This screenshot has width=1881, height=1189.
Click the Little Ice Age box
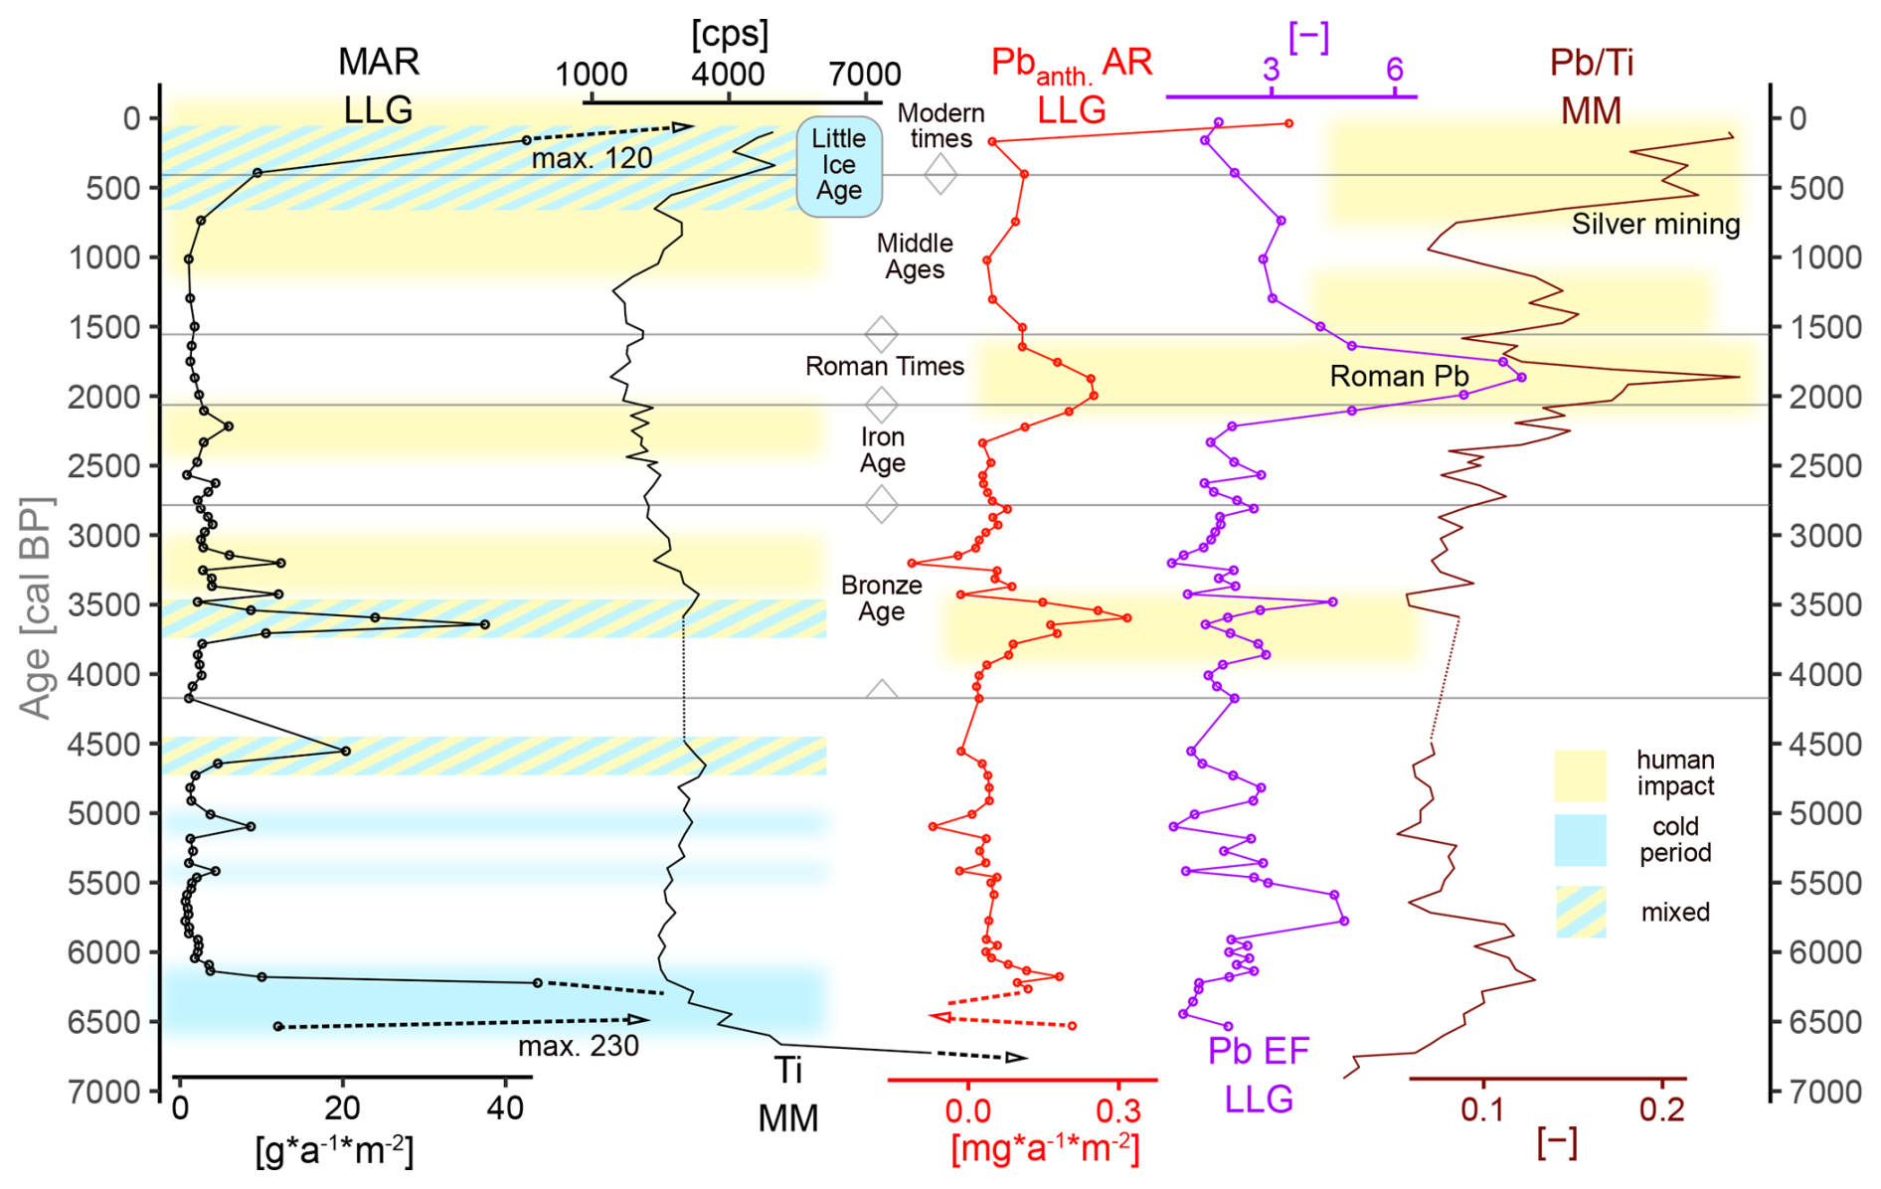coord(839,165)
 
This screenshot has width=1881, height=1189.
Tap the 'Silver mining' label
coord(1655,225)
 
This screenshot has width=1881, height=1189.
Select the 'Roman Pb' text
coord(1399,377)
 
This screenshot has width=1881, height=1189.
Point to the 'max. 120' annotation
coord(592,159)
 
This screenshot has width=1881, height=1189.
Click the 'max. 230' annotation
coord(578,1046)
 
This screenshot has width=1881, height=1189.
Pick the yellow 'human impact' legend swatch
coord(1580,775)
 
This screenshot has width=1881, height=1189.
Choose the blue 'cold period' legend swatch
coord(1580,840)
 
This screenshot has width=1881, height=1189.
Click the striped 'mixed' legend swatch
coord(1580,912)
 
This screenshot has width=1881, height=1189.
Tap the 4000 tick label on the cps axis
coord(728,75)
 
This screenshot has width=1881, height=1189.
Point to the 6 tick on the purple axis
coord(1395,70)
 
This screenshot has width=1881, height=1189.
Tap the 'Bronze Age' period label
coord(881,598)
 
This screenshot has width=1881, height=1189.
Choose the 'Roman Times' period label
coord(884,367)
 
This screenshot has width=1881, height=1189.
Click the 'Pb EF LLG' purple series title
coord(1258,1075)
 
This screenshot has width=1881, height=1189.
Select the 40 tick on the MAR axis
coord(505,1107)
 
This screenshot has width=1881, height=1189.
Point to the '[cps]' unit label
coord(730,35)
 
